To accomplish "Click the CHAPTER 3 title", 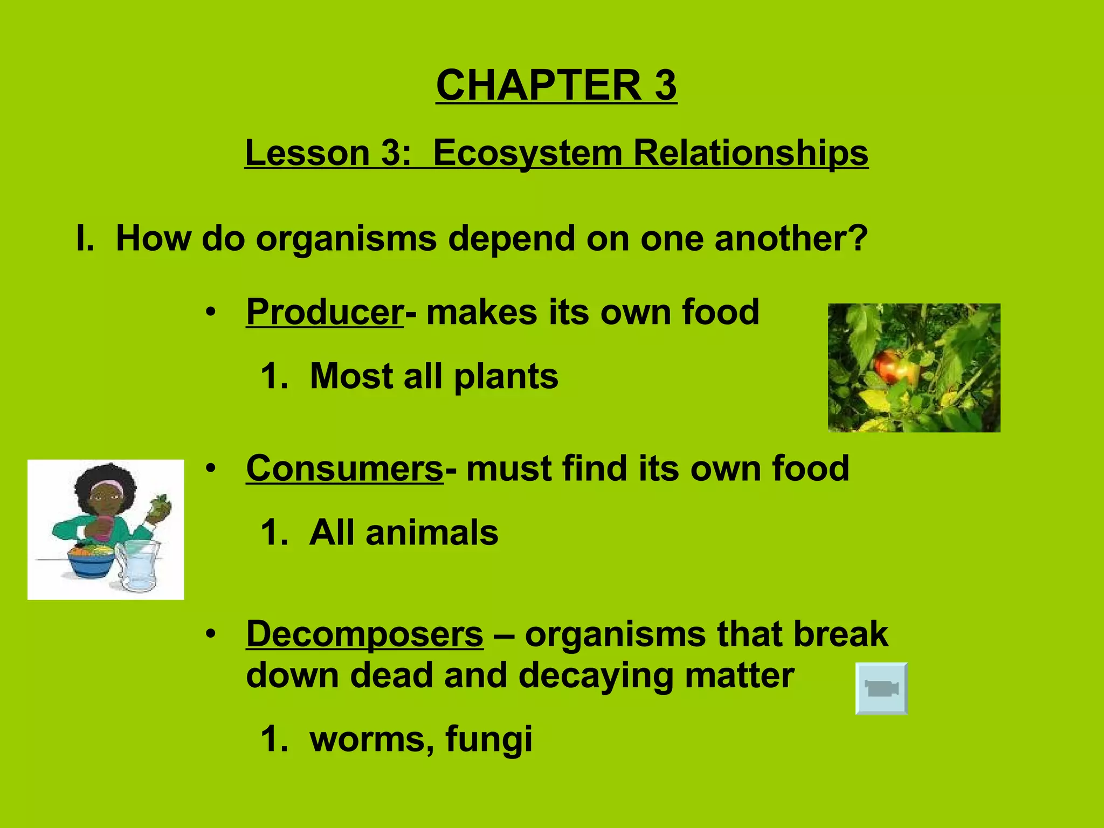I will [556, 85].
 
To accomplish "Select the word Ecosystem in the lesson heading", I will [527, 153].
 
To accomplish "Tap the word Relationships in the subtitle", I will [750, 153].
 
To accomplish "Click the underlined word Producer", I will [325, 312].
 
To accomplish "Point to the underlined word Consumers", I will [344, 468].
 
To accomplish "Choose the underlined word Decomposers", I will [364, 634].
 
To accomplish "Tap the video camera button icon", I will [881, 688].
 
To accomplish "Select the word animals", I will [431, 533].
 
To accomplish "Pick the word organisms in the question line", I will [346, 238].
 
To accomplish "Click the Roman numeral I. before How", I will [85, 238].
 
